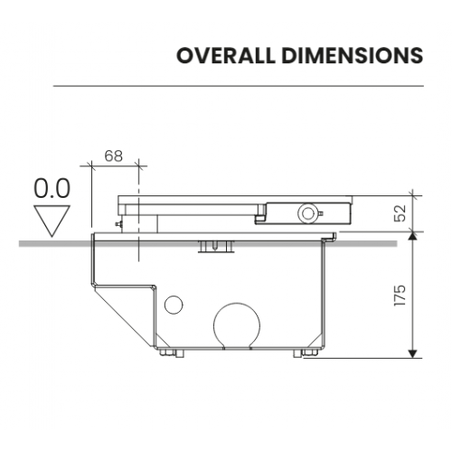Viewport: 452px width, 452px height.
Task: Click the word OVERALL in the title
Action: (x=226, y=55)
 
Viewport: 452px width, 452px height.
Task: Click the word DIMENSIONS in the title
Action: (x=353, y=55)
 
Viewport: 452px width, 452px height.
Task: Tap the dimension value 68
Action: (x=114, y=155)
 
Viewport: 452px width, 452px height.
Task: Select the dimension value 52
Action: (x=400, y=213)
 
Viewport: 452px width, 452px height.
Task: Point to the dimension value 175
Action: (x=400, y=296)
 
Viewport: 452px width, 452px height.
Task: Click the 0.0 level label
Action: (x=52, y=188)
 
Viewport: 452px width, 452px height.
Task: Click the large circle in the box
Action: (x=237, y=326)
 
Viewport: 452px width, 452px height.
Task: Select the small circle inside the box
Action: (x=174, y=305)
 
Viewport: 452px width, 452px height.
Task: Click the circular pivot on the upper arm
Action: (x=307, y=213)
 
